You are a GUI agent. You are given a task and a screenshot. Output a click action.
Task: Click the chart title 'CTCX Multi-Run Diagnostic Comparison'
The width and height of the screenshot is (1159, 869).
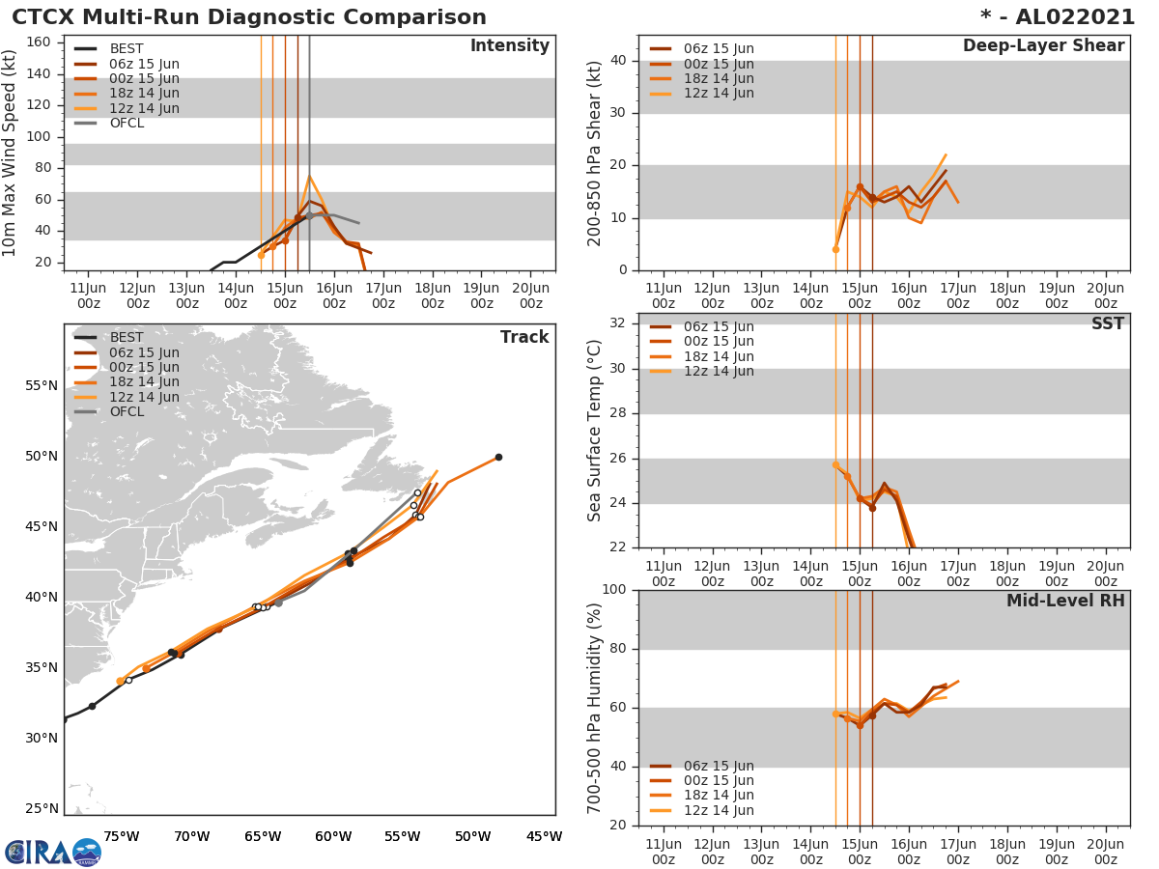(x=249, y=17)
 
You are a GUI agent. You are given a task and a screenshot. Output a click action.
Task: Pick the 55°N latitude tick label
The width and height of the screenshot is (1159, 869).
(x=41, y=385)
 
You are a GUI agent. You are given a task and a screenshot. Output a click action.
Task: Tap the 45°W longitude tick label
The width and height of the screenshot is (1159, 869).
(x=544, y=836)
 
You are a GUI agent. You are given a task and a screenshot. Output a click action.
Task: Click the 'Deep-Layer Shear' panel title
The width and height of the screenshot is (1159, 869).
(x=1043, y=46)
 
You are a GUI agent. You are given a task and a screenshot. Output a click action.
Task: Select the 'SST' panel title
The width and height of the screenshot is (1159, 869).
(x=1107, y=323)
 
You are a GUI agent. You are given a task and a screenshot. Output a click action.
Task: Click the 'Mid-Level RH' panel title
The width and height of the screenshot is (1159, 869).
(x=1065, y=601)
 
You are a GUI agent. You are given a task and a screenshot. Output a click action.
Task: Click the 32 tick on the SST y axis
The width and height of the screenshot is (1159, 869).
(x=617, y=323)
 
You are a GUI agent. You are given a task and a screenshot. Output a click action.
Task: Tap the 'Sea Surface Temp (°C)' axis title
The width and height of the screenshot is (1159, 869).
(x=595, y=430)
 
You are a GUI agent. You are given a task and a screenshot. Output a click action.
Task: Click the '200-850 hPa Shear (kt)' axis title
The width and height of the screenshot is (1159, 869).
(x=595, y=153)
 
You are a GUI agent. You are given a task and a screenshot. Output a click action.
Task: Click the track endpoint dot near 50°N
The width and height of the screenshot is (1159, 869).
(x=498, y=457)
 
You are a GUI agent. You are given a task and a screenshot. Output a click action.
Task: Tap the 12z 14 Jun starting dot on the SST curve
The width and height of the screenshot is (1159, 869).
(x=835, y=464)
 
